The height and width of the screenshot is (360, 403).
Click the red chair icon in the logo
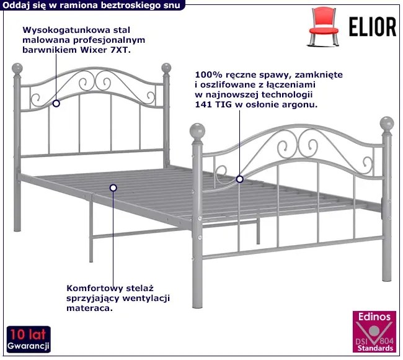[x=323, y=27]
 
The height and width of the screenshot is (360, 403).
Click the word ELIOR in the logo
[x=373, y=27]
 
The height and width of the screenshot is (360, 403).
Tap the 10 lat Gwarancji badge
[x=29, y=340]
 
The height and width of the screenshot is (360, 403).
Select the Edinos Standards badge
[x=374, y=331]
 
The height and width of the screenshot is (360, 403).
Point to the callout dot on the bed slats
[x=113, y=188]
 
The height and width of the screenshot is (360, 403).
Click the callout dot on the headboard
[x=56, y=104]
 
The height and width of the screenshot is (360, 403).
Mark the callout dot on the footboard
[x=239, y=179]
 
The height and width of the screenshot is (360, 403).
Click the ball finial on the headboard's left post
[x=17, y=68]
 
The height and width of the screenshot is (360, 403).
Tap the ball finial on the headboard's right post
[x=166, y=68]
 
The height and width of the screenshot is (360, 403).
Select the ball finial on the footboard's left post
[x=197, y=131]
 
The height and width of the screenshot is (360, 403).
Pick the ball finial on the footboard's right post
[x=387, y=124]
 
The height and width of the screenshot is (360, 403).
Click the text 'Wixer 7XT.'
[x=105, y=50]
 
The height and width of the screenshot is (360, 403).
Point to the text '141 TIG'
[x=213, y=104]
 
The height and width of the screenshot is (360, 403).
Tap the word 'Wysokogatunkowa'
[x=67, y=30]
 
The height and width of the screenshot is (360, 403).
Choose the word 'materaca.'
[x=90, y=308]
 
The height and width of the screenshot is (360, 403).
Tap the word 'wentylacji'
[x=146, y=299]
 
